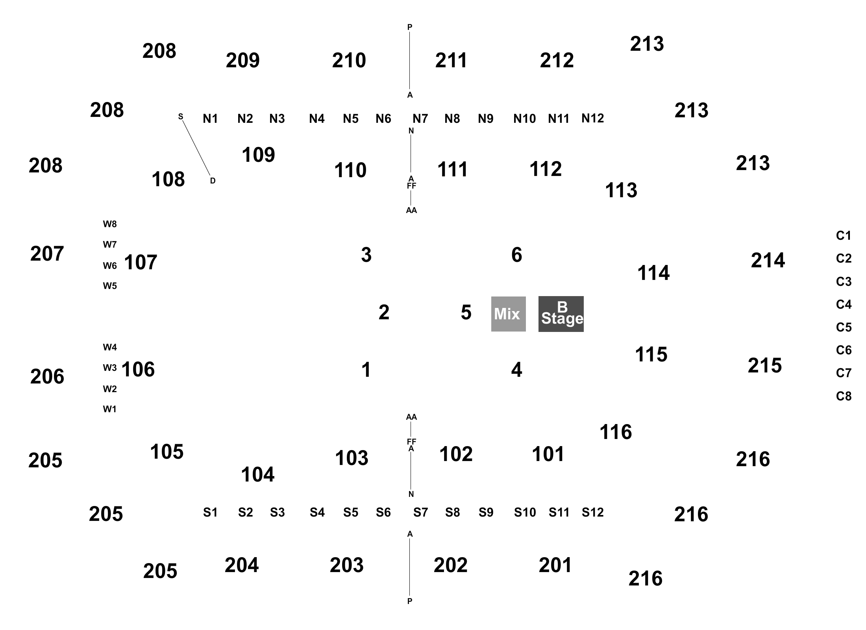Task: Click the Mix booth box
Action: (x=508, y=314)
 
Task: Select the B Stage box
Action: (x=561, y=314)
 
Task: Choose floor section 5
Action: (x=466, y=313)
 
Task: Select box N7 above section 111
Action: (x=420, y=118)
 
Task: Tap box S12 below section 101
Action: (x=592, y=512)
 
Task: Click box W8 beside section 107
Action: (x=110, y=224)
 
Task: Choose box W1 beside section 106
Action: (x=110, y=409)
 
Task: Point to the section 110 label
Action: (x=350, y=170)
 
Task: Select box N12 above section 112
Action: (x=592, y=118)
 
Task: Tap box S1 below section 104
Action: (x=210, y=512)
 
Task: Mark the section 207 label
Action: (x=47, y=254)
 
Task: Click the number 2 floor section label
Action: (x=384, y=313)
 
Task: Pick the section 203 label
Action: (x=347, y=565)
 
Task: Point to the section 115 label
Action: (x=651, y=354)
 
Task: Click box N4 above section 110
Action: (x=317, y=118)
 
